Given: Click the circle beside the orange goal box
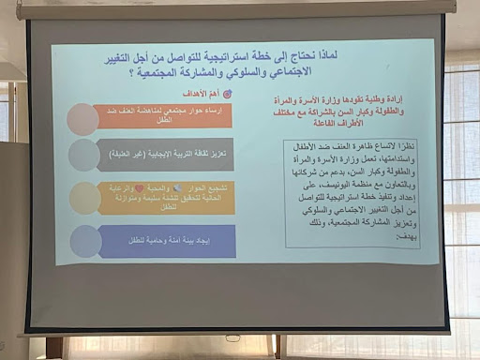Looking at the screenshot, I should tap(84, 117).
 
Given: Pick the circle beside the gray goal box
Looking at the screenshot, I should tap(85, 156).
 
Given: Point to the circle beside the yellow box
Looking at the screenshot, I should tap(85, 197).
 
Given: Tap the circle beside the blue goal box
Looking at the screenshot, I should tap(86, 241).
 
